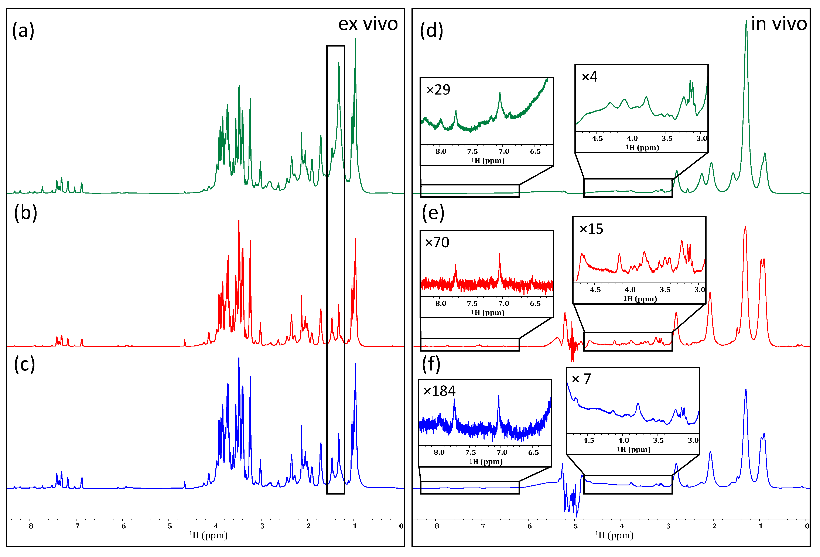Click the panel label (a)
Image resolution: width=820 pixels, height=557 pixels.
point(23,30)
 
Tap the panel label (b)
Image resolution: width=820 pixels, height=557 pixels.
point(25,213)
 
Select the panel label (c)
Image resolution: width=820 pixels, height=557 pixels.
point(24,364)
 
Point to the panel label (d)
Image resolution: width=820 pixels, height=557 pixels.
point(431,30)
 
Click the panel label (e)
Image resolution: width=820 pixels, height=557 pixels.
point(433,213)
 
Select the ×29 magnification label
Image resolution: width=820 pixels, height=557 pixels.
point(438,90)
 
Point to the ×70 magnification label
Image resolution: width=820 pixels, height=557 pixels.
point(437,242)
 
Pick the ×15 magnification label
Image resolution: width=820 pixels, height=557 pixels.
point(591,229)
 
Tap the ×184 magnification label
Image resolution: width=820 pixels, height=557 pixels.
point(439,391)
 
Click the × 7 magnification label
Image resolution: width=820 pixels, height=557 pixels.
point(581,379)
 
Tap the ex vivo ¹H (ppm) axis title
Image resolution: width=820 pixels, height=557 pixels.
point(208,535)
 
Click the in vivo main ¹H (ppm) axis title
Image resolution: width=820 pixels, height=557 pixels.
point(614,535)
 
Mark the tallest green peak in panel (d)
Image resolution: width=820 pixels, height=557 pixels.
point(746,22)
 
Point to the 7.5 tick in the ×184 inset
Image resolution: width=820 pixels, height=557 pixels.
point(470,452)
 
